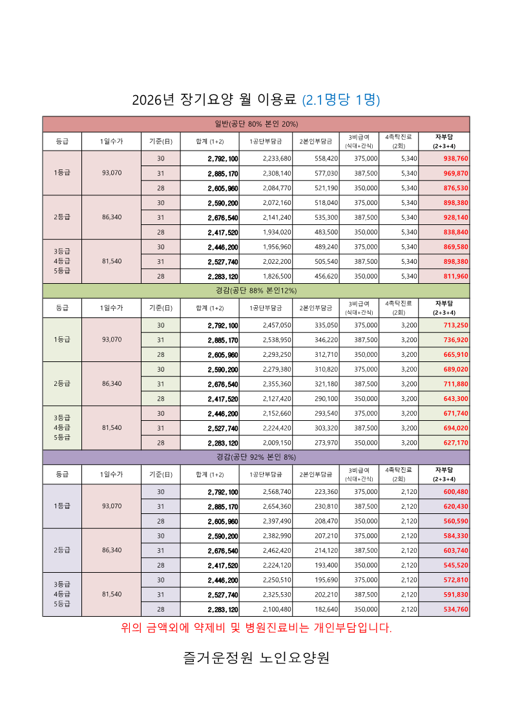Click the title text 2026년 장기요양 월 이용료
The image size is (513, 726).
coord(214,100)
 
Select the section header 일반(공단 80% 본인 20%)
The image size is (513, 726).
coord(256,123)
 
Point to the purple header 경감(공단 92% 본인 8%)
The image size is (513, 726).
coord(256,457)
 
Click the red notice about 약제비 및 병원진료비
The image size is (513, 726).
coord(256,628)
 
